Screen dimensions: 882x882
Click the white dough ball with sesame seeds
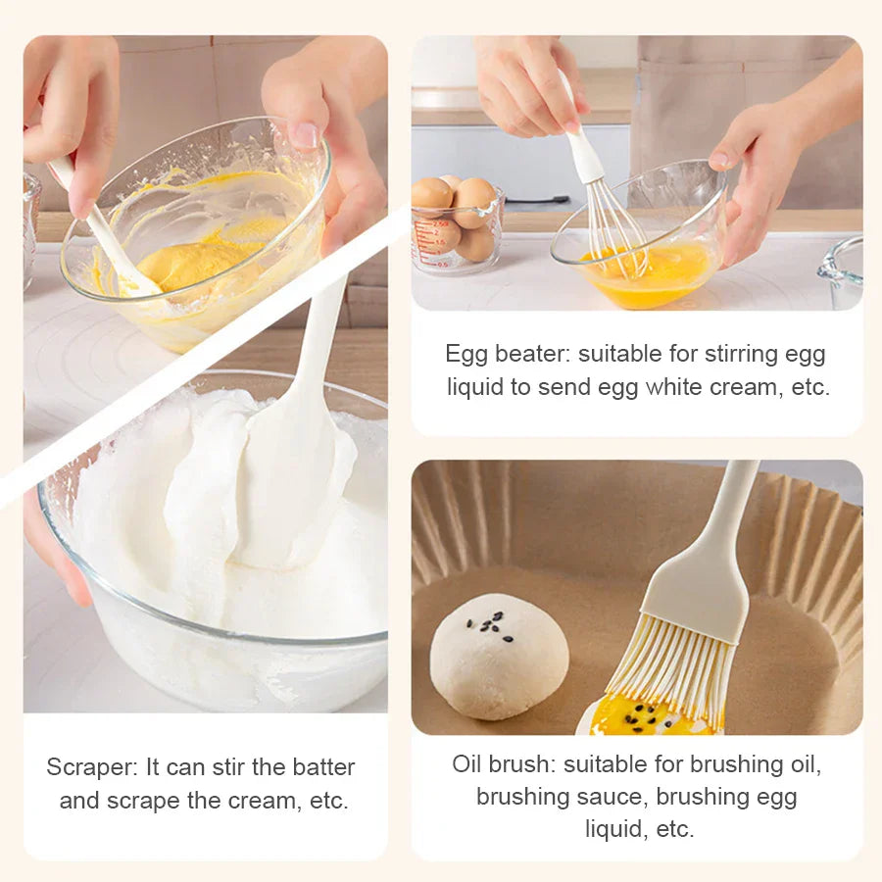[499, 656]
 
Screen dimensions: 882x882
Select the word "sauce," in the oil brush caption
[612, 797]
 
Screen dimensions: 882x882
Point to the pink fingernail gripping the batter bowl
[306, 135]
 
